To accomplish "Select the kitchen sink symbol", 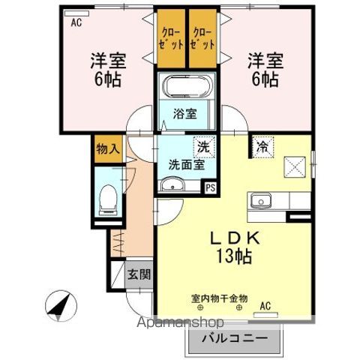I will [262, 201].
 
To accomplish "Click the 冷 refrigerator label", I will [262, 146].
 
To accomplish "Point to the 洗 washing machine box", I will [202, 146].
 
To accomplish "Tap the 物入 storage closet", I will [107, 148].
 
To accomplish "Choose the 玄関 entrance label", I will [138, 274].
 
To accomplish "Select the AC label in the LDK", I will [264, 305].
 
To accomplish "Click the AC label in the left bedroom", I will [76, 22].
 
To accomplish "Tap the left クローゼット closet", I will [170, 38].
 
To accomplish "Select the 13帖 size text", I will [232, 256].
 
